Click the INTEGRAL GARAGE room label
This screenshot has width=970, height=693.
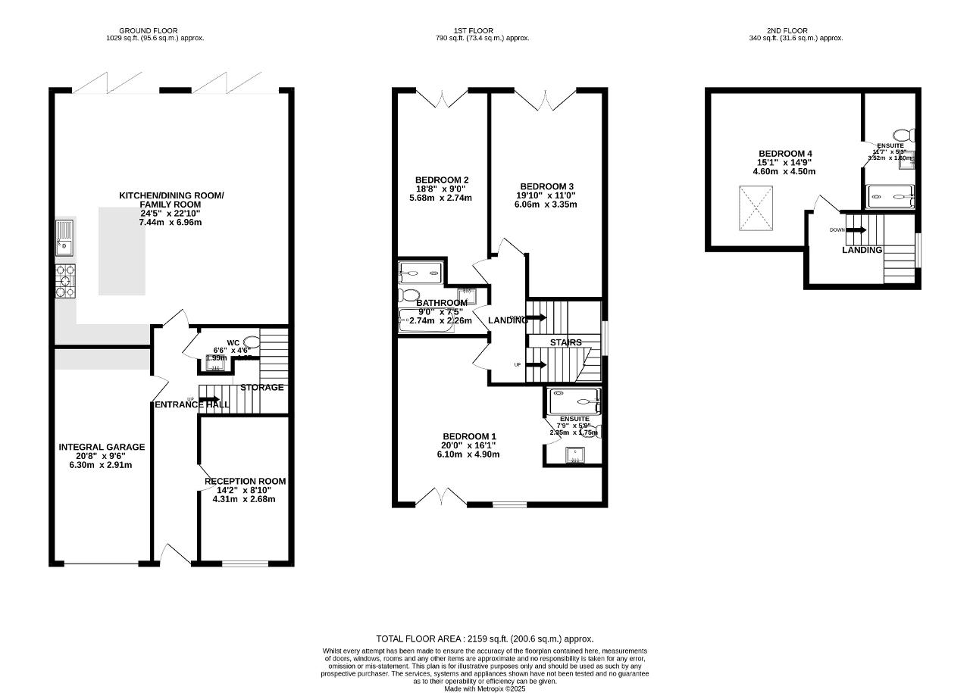click(102, 447)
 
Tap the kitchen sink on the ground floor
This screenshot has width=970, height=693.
click(64, 236)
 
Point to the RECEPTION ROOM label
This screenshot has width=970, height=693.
click(246, 481)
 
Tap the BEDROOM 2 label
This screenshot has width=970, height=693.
click(441, 179)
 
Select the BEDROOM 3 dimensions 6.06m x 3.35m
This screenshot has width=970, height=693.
click(546, 204)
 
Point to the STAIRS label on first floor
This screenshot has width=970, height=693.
click(565, 342)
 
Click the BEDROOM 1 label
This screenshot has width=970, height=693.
click(469, 436)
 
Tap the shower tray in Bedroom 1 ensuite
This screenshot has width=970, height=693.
click(574, 401)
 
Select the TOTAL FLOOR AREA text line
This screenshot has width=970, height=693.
click(484, 639)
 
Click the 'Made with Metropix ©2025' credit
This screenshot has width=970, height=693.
click(484, 688)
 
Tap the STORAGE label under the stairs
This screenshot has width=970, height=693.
click(261, 388)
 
